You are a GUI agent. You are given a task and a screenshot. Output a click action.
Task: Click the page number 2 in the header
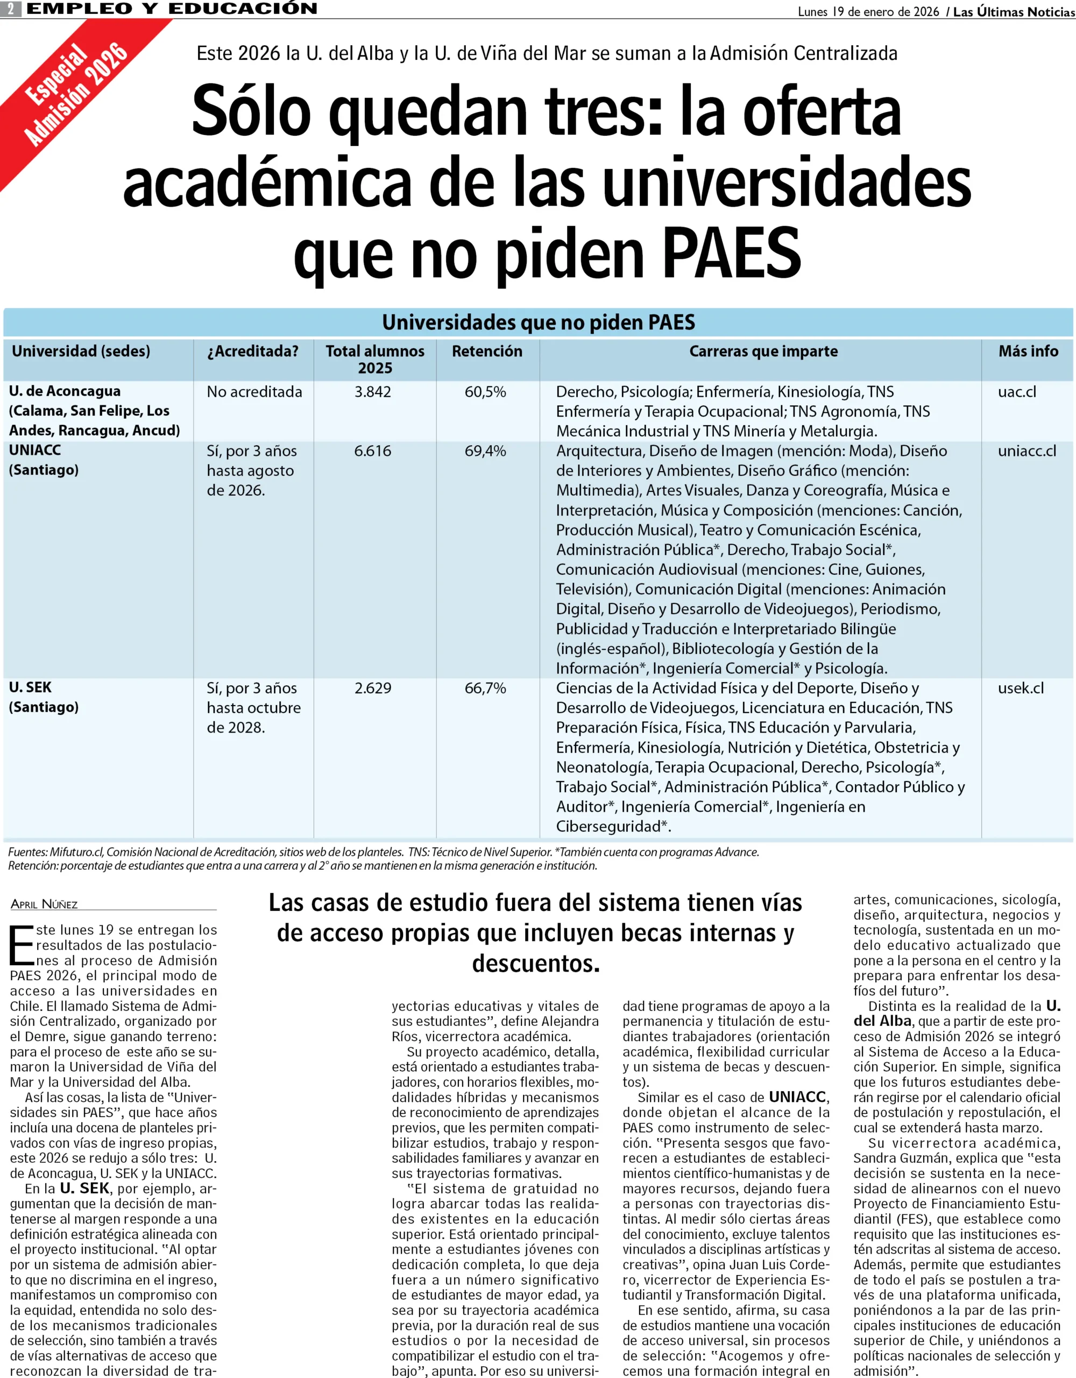(x=11, y=9)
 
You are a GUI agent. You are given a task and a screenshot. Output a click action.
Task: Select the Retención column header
(x=487, y=351)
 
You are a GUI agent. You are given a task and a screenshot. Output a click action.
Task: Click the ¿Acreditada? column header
(x=252, y=351)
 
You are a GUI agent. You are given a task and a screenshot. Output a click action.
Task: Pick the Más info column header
(x=1028, y=351)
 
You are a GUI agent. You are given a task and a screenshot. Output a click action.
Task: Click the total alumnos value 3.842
(x=373, y=392)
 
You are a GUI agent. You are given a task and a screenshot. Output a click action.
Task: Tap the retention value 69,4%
(x=485, y=451)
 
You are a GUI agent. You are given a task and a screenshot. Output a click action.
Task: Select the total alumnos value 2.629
(x=373, y=688)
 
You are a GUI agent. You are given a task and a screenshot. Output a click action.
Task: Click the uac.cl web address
(x=1017, y=392)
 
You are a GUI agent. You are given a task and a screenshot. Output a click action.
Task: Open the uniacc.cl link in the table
(x=1027, y=451)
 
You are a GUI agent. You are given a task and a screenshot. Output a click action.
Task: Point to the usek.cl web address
(x=1021, y=688)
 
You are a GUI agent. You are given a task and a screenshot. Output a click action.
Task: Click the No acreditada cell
(x=254, y=392)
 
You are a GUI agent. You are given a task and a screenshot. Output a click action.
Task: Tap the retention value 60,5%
(x=485, y=392)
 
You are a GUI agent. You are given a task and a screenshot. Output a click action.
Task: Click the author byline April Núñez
(x=44, y=904)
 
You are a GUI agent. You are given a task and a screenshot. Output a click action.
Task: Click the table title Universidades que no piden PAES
(x=538, y=322)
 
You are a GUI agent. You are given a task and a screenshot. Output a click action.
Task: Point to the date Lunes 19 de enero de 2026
(x=868, y=11)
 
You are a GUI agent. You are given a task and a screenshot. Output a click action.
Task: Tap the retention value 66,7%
(x=485, y=688)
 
